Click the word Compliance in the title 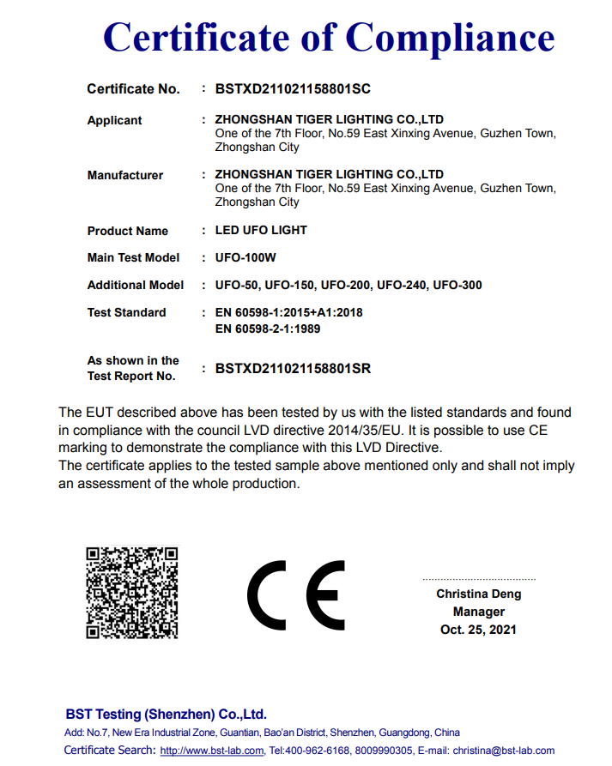[450, 38]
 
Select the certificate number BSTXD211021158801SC [293, 88]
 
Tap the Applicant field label [114, 120]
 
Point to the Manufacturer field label [124, 175]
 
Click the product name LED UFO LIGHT [261, 230]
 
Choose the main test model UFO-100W [245, 257]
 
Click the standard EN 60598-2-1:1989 [268, 329]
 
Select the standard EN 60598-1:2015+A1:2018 [288, 312]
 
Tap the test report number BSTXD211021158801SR [293, 369]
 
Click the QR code [131, 593]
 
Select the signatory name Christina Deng [478, 594]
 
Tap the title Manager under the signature [478, 612]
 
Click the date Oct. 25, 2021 [478, 630]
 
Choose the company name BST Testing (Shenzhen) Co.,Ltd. [166, 714]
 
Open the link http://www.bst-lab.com [212, 751]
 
